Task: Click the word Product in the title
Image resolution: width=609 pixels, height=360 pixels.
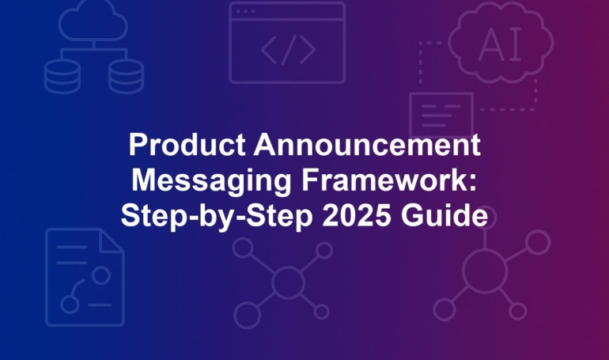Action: [x=187, y=145]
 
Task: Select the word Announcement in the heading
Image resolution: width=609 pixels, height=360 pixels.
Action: [x=367, y=145]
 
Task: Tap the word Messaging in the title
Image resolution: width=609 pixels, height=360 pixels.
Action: [x=212, y=182]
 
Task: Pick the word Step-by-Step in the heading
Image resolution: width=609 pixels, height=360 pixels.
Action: [x=217, y=217]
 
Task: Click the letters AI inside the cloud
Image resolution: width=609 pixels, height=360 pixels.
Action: [x=500, y=44]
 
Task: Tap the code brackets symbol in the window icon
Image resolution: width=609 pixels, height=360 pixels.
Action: [x=288, y=50]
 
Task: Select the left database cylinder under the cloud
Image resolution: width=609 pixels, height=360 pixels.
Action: [x=62, y=76]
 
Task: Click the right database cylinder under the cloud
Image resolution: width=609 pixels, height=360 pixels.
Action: [x=126, y=76]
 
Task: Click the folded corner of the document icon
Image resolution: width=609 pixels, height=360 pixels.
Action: [x=112, y=241]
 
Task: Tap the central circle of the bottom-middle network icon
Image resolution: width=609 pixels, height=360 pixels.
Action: [x=288, y=282]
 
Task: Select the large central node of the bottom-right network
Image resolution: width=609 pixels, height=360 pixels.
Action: [x=485, y=271]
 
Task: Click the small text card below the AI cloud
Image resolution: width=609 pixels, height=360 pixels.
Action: [x=441, y=116]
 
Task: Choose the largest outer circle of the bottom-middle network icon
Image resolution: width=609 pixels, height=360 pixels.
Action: [x=247, y=315]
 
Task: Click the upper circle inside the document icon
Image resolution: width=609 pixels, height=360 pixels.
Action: [x=101, y=275]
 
